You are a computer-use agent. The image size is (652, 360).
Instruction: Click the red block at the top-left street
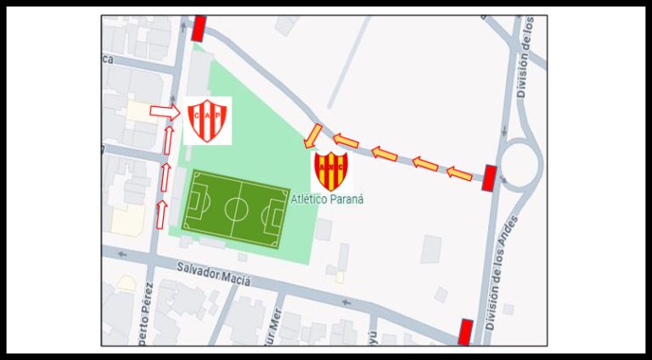point(200,28)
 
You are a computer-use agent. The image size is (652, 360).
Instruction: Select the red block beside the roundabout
point(489,178)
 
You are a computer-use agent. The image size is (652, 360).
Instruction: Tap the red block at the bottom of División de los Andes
point(464,332)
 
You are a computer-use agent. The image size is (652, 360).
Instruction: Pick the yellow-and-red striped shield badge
point(330,172)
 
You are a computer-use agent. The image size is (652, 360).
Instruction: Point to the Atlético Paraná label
point(327,200)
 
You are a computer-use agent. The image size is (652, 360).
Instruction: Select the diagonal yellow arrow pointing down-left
point(312,135)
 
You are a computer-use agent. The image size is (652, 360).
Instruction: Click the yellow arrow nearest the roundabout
point(458,174)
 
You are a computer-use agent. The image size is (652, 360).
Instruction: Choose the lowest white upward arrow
point(160,215)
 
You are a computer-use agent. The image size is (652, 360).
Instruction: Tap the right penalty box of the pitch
point(275,216)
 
